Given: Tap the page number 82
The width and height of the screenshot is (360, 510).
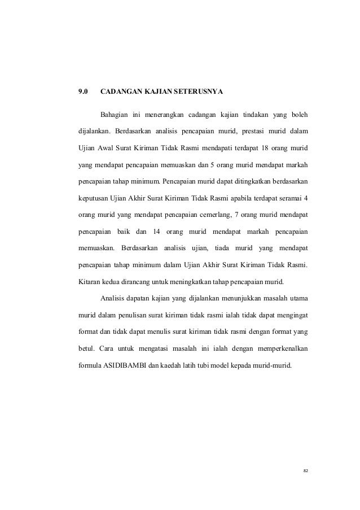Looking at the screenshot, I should pos(306,470).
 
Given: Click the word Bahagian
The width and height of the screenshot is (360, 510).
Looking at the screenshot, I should pos(115,116).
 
